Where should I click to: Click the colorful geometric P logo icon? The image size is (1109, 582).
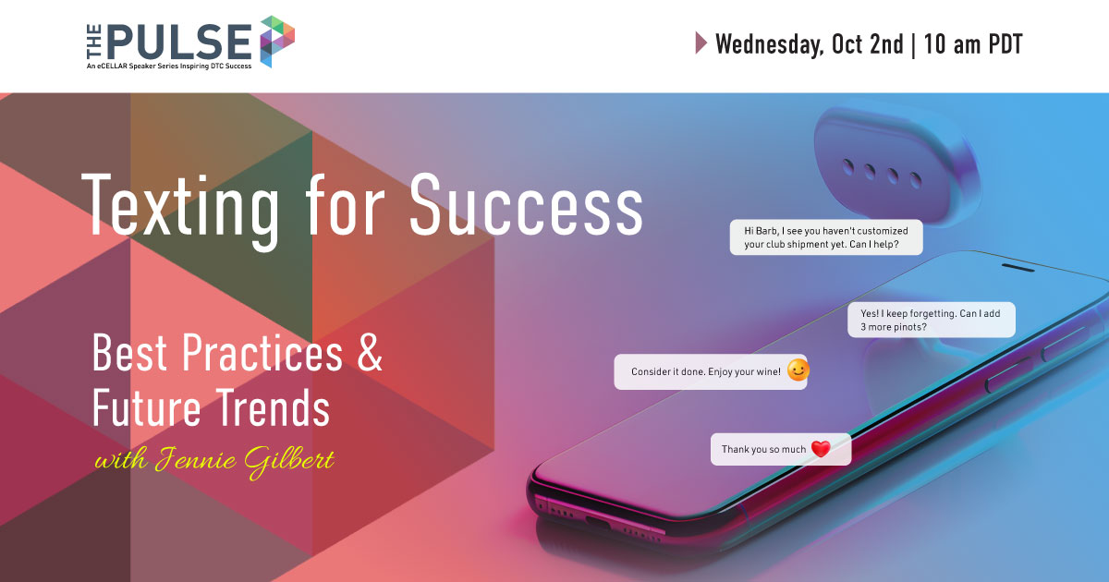[x=277, y=41]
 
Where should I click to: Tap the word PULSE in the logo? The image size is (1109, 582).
[x=179, y=42]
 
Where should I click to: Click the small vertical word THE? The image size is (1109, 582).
[x=94, y=42]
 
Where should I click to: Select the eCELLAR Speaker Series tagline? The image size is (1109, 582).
[x=169, y=66]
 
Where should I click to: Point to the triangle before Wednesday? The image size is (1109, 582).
[x=701, y=42]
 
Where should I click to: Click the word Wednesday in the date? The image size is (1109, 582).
[x=769, y=44]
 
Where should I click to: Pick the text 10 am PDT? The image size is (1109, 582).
[x=973, y=44]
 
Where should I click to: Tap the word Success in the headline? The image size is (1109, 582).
[x=526, y=204]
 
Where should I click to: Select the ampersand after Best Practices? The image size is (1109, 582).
[x=370, y=352]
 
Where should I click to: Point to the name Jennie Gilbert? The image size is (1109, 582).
[x=245, y=461]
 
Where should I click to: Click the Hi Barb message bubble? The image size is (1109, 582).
[x=826, y=237]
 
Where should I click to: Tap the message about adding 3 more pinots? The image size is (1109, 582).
[x=932, y=320]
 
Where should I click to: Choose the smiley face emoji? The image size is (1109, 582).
[x=798, y=370]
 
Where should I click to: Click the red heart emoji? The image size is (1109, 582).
[x=821, y=448]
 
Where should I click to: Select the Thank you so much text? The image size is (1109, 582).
[x=763, y=449]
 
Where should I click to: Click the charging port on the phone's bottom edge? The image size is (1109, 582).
[x=598, y=521]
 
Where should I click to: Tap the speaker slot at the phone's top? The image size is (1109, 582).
[x=1018, y=268]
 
